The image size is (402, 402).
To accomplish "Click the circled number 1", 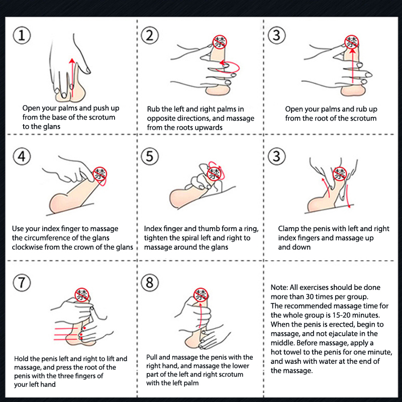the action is [22, 35].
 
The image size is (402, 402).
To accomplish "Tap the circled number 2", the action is [150, 35].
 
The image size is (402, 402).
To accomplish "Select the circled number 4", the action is [22, 156].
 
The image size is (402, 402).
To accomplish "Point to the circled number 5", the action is [150, 156].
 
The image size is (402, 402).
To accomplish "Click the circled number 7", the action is [22, 282].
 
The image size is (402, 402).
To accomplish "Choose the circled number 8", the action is [150, 282].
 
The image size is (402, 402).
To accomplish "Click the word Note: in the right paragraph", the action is [279, 287].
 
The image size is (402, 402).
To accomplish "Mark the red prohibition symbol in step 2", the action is [220, 42].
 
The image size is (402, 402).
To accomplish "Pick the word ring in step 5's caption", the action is [250, 229].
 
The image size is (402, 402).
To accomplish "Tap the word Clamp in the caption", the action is [287, 229].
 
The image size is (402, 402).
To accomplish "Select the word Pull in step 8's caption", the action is [152, 357].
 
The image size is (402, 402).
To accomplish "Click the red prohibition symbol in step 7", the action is [82, 295].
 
